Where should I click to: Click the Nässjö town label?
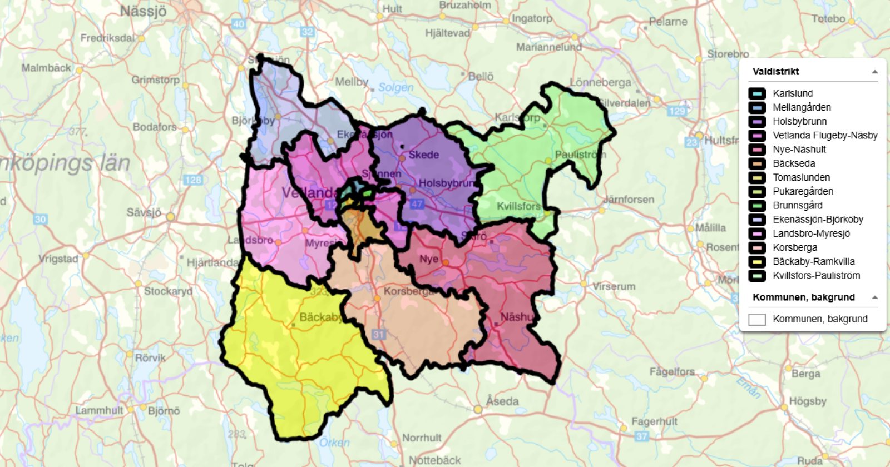(x=143, y=11)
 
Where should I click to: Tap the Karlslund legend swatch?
(x=757, y=93)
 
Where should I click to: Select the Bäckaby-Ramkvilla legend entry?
(x=813, y=261)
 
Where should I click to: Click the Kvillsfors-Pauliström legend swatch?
(x=757, y=276)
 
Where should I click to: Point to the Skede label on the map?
(x=423, y=155)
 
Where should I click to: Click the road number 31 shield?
(x=379, y=335)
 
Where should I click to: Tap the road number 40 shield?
(x=239, y=24)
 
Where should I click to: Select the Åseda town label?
(x=502, y=401)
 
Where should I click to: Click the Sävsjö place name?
(x=144, y=212)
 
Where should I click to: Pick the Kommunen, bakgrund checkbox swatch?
(x=757, y=319)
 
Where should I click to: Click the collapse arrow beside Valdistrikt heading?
(x=874, y=72)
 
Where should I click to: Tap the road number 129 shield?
(x=677, y=111)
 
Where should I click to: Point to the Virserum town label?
(x=614, y=286)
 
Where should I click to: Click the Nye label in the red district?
(x=429, y=259)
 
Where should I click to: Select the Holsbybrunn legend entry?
(x=799, y=121)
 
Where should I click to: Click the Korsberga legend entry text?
(x=795, y=247)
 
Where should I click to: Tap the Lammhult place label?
(x=99, y=410)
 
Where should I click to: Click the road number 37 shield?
(x=642, y=436)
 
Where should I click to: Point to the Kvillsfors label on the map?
(x=518, y=206)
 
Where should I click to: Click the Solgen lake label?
(x=395, y=87)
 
